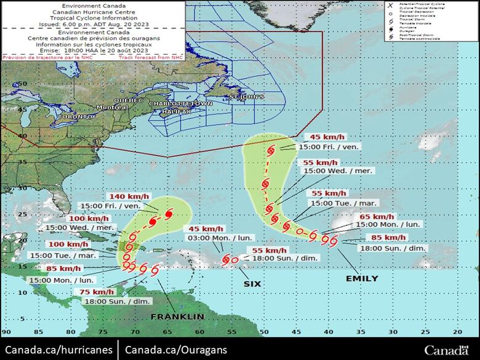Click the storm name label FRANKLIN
[178, 316]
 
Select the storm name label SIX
[252, 284]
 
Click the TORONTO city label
[74, 116]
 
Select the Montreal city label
[113, 107]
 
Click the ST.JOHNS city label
[246, 97]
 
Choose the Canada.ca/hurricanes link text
[58, 350]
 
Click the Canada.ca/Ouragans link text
[175, 350]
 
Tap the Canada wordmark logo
[446, 350]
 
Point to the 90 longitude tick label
[6, 331]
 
